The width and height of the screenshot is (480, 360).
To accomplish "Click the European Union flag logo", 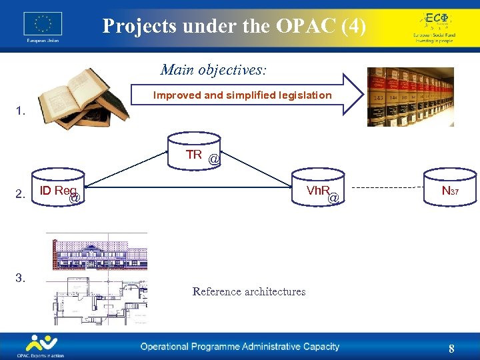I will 43,25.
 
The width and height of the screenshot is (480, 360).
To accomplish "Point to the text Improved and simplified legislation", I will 242,95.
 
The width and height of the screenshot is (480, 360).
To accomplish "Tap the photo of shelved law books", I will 410,97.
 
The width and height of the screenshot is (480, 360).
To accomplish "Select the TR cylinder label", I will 194,155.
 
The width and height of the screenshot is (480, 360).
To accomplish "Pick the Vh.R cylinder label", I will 319,191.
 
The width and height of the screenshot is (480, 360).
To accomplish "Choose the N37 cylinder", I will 451,192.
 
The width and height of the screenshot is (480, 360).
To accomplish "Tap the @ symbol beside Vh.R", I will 333,198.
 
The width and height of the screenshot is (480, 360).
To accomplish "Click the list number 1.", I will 21,111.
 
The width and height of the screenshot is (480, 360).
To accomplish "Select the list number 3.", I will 21,278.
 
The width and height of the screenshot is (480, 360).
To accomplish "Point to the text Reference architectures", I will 249,291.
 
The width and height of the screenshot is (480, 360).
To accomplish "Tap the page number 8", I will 451,349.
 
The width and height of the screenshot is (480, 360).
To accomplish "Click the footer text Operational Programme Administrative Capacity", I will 239,347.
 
